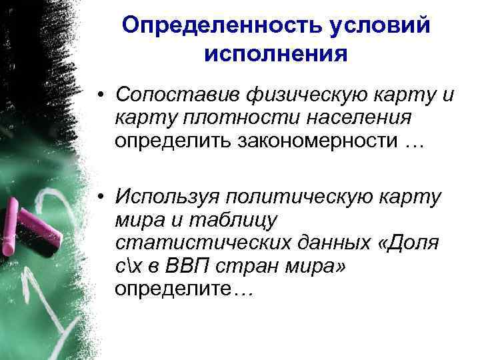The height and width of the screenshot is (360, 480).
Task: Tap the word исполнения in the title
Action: tap(276, 53)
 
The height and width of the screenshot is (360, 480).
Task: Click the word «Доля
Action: tap(409, 244)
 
